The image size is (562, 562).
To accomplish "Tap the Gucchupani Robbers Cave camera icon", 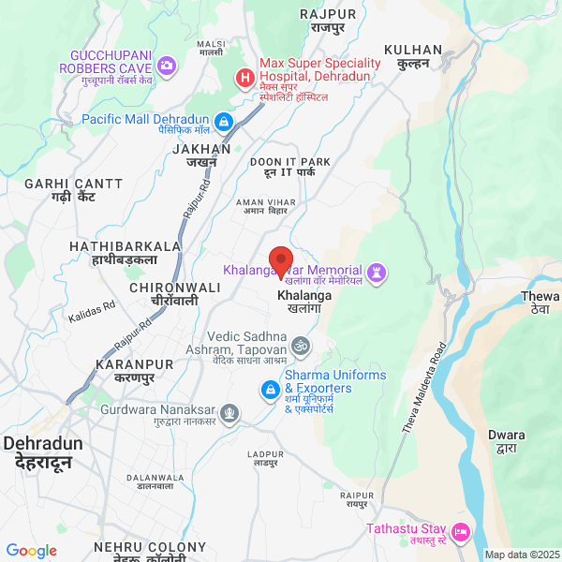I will click(x=167, y=65).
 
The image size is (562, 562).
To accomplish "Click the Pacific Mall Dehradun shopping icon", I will click(x=224, y=122).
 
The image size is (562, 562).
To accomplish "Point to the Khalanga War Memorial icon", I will click(x=377, y=273).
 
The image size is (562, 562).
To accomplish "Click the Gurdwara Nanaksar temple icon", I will click(x=229, y=411).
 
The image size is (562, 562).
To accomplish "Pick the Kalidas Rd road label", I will click(x=92, y=312).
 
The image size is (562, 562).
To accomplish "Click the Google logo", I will click(x=32, y=551).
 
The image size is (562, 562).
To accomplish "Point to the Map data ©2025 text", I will click(x=521, y=555).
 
